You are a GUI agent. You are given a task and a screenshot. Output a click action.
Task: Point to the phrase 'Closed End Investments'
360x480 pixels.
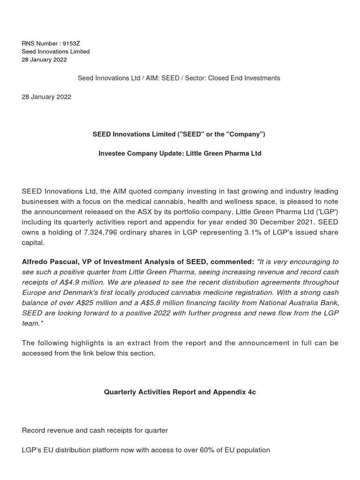tap(244, 78)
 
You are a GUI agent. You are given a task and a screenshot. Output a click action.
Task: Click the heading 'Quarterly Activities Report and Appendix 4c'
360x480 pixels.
tap(180, 392)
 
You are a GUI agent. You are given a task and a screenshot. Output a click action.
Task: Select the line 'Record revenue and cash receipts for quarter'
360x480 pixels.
tap(95, 430)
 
